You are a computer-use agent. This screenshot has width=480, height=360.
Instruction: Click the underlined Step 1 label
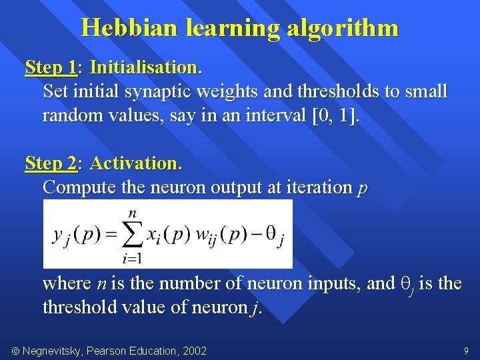[x=51, y=67]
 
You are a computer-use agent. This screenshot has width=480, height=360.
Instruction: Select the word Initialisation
[x=145, y=67]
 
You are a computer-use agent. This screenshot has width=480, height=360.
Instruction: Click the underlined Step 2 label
[x=51, y=163]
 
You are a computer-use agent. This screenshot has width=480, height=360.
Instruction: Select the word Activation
[x=135, y=163]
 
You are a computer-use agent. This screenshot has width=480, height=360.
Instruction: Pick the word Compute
[x=79, y=187]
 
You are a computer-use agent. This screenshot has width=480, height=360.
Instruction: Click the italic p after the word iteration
[x=361, y=189]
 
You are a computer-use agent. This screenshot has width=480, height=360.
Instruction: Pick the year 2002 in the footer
[x=194, y=351]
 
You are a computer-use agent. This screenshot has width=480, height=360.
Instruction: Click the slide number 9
[x=465, y=350]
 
